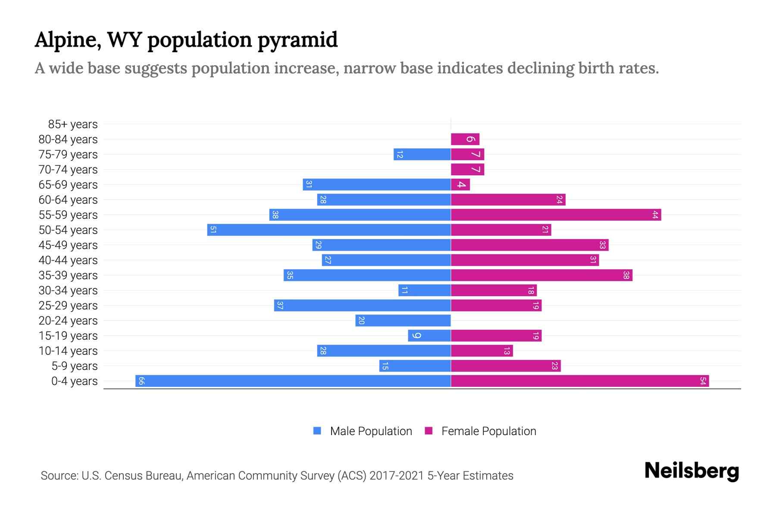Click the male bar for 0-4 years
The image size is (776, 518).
tap(293, 381)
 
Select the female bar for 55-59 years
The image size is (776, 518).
tap(556, 215)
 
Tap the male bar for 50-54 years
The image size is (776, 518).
tap(329, 230)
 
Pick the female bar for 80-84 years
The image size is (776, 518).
tap(465, 139)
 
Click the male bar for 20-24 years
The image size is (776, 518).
tap(403, 321)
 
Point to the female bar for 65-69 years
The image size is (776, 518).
tap(460, 185)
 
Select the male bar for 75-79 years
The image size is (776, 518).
tap(422, 155)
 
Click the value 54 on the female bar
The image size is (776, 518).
tap(703, 381)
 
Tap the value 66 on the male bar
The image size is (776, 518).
tap(141, 381)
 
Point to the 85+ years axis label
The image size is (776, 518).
tap(73, 124)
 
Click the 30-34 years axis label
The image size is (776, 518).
tap(68, 291)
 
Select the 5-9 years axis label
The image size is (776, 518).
tap(75, 366)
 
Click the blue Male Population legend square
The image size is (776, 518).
tap(317, 431)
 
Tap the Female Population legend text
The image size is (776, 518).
tap(488, 431)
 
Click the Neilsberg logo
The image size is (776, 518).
tap(692, 471)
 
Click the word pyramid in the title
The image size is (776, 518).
tap(297, 41)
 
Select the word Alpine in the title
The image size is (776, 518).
tap(68, 41)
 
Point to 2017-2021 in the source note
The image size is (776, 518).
tap(397, 476)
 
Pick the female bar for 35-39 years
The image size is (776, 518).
tap(541, 275)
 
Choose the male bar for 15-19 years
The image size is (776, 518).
tap(429, 336)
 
